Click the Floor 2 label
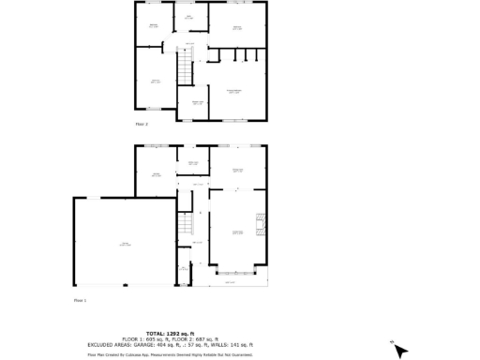(142, 124)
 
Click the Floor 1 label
(80, 300)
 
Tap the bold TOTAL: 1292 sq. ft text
(169, 333)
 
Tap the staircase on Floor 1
(186, 226)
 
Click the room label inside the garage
(124, 244)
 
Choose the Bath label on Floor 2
(188, 18)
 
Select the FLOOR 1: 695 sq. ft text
(143, 338)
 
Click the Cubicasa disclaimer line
(170, 354)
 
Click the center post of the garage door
(124, 285)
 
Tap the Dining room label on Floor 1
(237, 169)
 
